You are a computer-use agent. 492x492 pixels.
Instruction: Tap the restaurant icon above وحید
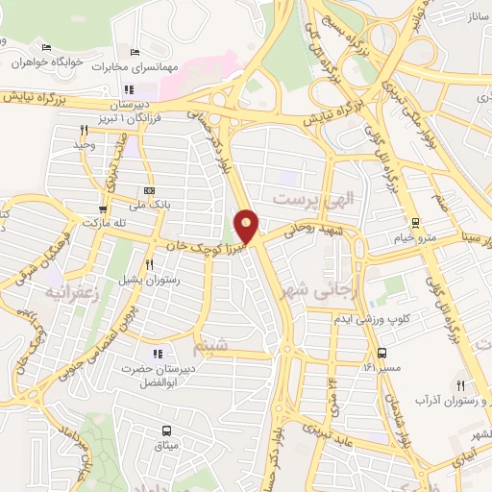click(84, 130)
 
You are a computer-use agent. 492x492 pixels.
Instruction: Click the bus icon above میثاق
click(166, 430)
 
